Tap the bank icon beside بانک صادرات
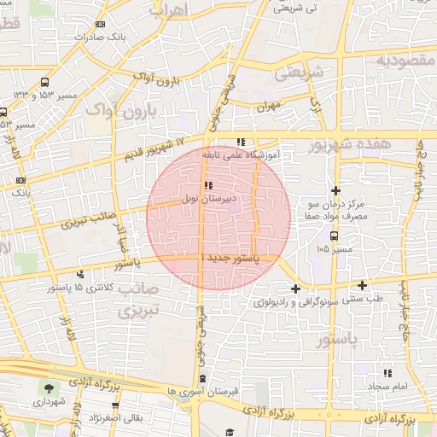[x=102, y=24]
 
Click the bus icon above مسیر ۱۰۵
[x=333, y=236]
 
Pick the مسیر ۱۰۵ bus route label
[x=333, y=249]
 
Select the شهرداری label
[x=47, y=400]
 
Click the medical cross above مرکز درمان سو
[x=336, y=190]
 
